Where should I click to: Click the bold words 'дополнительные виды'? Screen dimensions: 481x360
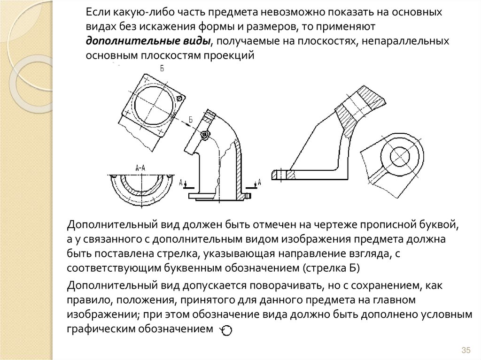[x=147, y=41]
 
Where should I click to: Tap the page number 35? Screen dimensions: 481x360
[x=466, y=350]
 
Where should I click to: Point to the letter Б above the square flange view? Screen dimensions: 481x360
[x=162, y=69]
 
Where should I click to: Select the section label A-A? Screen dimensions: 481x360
[x=140, y=167]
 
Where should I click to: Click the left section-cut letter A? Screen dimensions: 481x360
[x=181, y=182]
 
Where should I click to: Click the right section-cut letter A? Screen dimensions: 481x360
[x=259, y=182]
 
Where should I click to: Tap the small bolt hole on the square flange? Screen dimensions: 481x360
[x=179, y=98]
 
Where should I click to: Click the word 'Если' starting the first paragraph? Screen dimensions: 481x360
[x=97, y=11]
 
